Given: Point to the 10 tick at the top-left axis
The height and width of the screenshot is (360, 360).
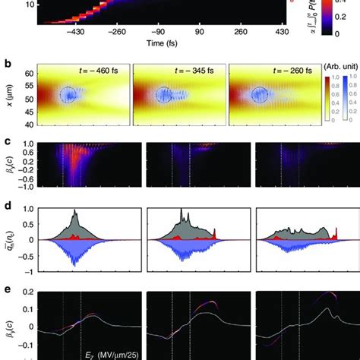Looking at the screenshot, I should pos(29,5).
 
